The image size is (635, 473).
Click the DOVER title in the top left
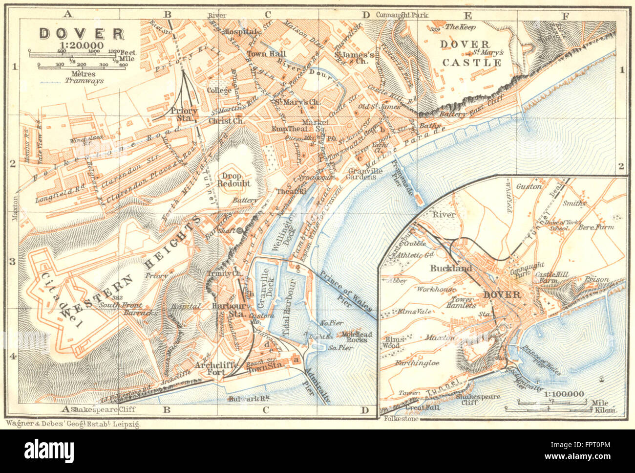[82, 34]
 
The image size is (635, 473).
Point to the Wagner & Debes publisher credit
[73, 424]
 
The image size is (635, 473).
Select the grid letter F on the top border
[566, 15]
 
